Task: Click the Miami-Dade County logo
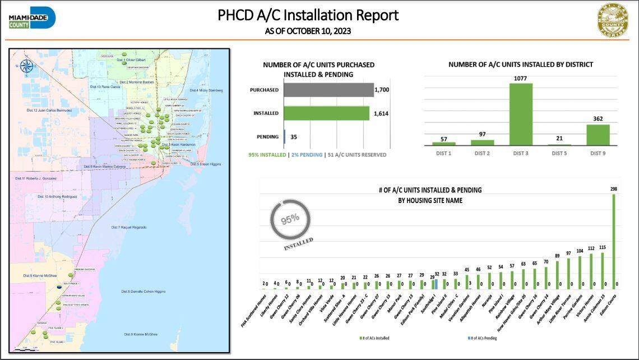pos(32,18)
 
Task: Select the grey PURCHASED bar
pos(328,90)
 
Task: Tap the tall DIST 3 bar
pos(521,114)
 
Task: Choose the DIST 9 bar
pos(598,135)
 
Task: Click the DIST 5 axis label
pos(559,153)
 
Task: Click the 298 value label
pos(614,190)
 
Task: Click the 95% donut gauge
pos(290,219)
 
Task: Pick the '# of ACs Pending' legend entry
pos(483,338)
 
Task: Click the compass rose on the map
pos(25,66)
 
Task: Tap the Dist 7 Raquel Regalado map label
pos(129,227)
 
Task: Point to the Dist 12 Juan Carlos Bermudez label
pos(49,110)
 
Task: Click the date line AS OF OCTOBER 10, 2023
pos(308,31)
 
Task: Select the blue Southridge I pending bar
pos(436,284)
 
